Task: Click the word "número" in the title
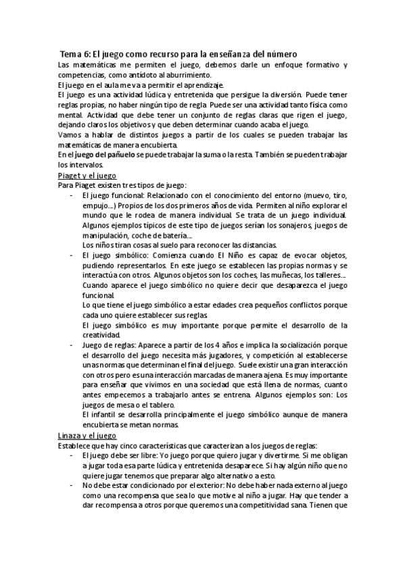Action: (x=277, y=53)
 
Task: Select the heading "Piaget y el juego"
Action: (x=88, y=174)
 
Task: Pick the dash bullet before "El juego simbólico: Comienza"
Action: (x=71, y=255)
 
